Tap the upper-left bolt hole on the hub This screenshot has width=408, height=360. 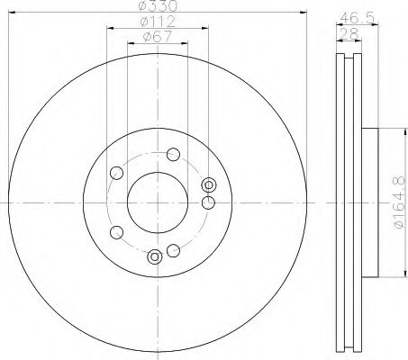[x=115, y=175]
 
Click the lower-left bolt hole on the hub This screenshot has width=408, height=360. [x=115, y=233]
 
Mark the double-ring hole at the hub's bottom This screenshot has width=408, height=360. [x=155, y=257]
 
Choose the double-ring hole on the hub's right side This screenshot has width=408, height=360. [x=210, y=184]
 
